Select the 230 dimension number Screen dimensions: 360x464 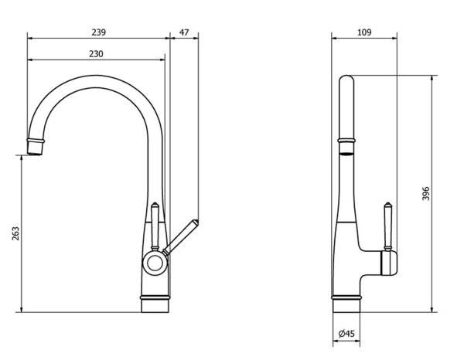click(x=95, y=54)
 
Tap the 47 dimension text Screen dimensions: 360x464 click(x=184, y=32)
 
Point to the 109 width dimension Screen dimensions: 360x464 click(x=365, y=32)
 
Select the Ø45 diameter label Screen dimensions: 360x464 click(x=347, y=334)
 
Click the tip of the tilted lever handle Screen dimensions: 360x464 click(x=196, y=223)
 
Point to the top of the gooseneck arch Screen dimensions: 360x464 click(x=97, y=76)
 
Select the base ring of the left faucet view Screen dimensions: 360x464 click(x=155, y=296)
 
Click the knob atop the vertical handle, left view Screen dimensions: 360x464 click(x=156, y=206)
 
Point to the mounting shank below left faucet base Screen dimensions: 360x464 click(x=155, y=306)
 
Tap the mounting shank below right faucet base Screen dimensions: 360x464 click(x=347, y=306)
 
